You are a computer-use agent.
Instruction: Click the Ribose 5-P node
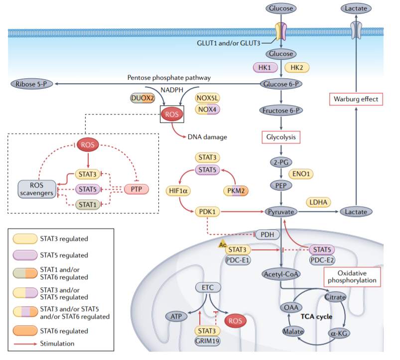31,84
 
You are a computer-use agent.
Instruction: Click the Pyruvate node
282,212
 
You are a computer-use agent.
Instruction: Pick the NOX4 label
207,109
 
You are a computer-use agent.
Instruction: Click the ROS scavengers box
36,189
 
